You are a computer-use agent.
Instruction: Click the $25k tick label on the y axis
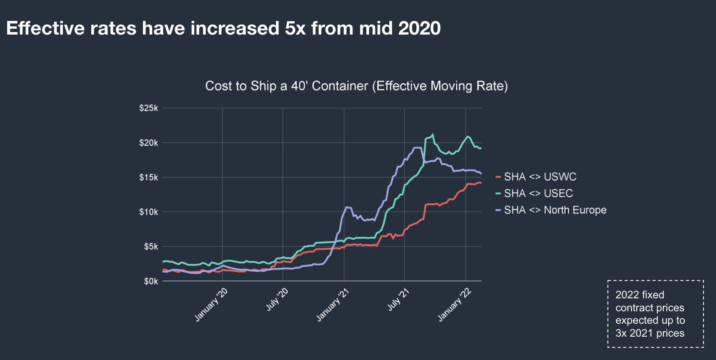pos(149,108)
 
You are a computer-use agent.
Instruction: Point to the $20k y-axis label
pos(149,143)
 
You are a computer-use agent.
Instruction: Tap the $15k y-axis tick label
pos(149,177)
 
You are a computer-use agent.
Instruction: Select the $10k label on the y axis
pos(149,212)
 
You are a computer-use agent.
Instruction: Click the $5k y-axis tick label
pos(151,247)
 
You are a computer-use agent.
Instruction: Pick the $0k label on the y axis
pos(151,281)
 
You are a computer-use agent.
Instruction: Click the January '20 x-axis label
pos(211,305)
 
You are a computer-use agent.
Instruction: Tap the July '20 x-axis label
pos(277,299)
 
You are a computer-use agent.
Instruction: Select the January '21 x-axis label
pos(333,305)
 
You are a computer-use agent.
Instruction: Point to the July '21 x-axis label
pos(398,299)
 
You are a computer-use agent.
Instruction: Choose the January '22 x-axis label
pos(454,305)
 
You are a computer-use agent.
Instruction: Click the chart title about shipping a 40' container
pos(356,86)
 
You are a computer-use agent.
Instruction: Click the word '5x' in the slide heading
pos(295,28)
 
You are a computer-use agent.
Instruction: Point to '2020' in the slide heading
pos(419,28)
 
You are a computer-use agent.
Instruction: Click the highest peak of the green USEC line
pos(433,135)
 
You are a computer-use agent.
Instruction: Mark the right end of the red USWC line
pos(481,182)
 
